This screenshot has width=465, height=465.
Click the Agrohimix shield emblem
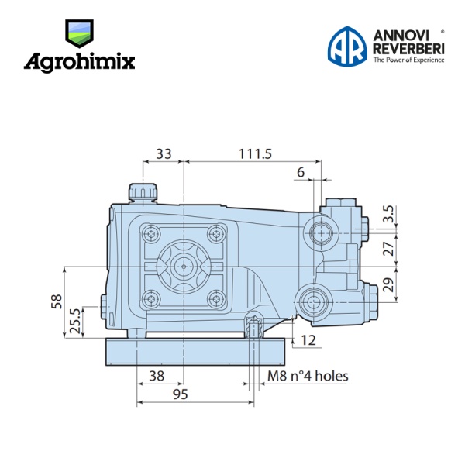click(x=79, y=33)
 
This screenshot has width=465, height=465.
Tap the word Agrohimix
click(x=79, y=63)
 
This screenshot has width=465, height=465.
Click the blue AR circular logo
click(x=347, y=46)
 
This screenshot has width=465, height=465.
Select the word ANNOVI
click(x=401, y=36)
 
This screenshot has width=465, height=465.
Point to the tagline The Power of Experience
click(x=408, y=60)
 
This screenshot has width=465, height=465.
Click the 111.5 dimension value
click(x=255, y=154)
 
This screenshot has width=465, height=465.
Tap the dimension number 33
click(x=164, y=154)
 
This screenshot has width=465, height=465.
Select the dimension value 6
click(x=301, y=172)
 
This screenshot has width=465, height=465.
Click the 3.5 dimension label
click(x=388, y=214)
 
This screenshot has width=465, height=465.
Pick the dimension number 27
click(x=388, y=249)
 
